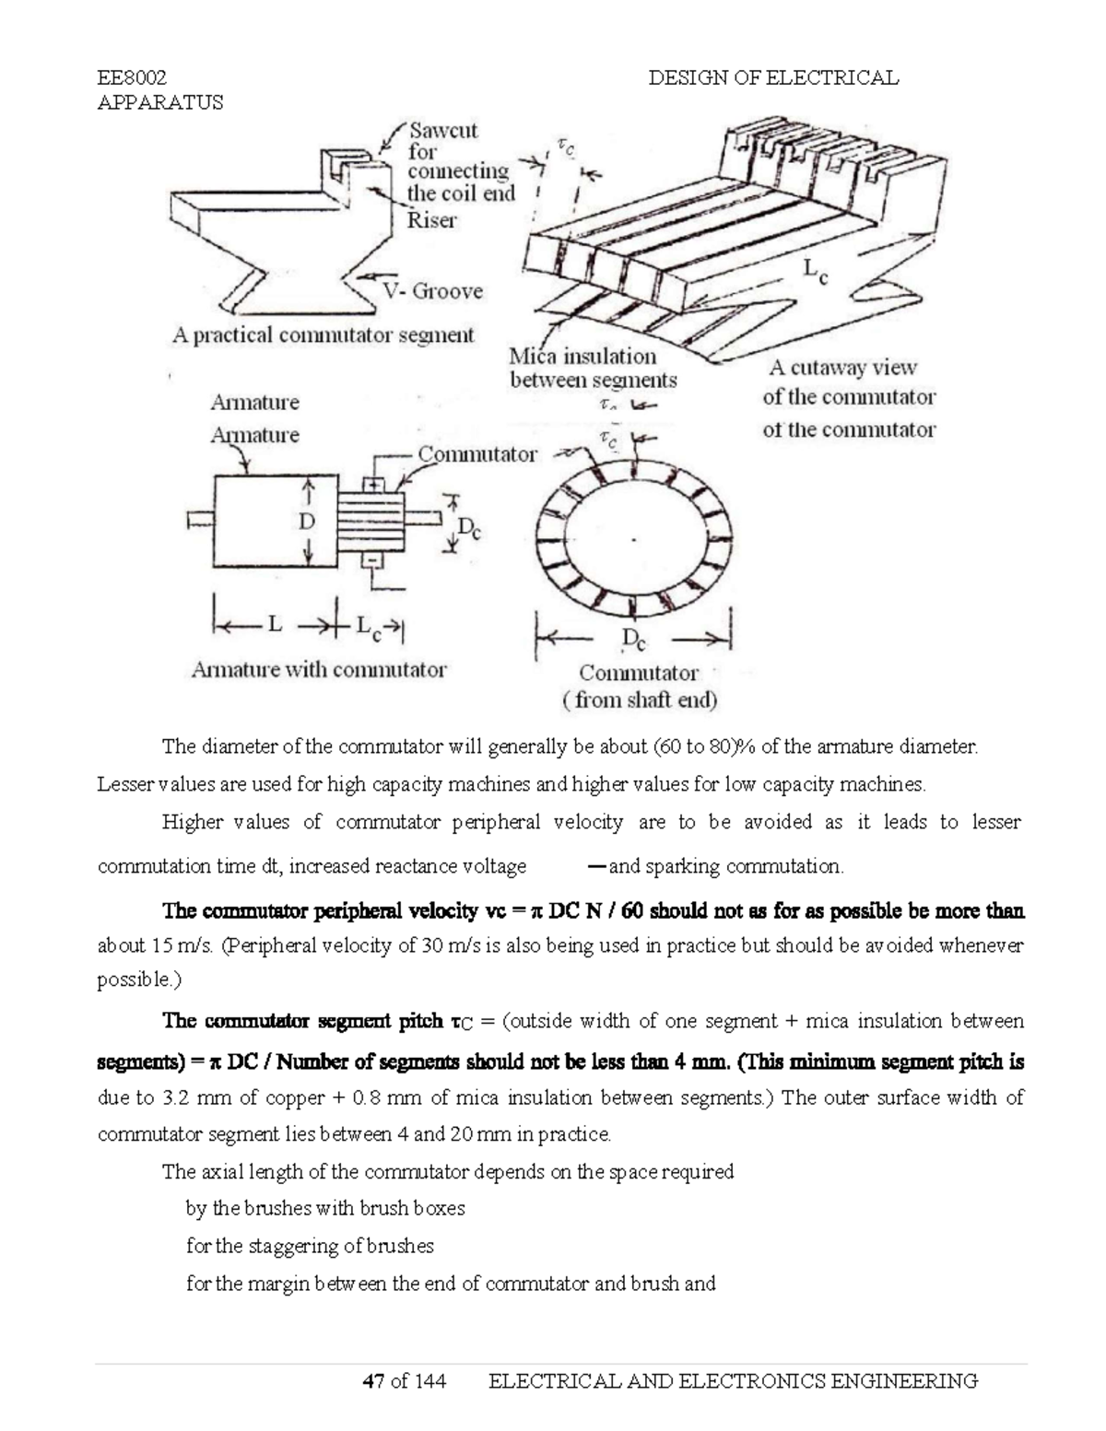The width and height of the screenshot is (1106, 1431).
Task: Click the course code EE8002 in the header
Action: click(x=132, y=77)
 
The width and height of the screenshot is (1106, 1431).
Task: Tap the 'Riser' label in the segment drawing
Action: click(x=432, y=220)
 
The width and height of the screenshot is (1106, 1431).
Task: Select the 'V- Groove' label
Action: click(x=433, y=291)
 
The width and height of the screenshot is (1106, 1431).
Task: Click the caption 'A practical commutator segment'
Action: click(x=324, y=335)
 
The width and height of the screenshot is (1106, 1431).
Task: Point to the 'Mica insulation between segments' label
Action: click(x=593, y=369)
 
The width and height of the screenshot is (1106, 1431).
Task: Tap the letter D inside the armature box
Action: click(x=306, y=522)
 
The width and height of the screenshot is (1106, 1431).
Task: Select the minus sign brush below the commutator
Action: click(x=374, y=560)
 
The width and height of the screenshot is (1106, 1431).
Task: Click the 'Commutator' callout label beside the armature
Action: click(x=477, y=454)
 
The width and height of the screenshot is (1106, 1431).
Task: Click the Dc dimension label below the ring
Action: click(x=634, y=639)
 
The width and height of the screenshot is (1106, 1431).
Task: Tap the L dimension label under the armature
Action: click(x=274, y=625)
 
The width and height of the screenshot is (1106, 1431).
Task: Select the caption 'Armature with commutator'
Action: click(x=319, y=670)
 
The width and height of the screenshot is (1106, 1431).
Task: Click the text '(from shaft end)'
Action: click(x=640, y=700)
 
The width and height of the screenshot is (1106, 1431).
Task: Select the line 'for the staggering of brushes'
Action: click(x=310, y=1246)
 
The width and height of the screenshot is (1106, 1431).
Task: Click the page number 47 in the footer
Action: click(x=373, y=1380)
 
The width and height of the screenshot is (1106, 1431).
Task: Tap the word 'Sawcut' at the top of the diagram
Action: click(x=443, y=130)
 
